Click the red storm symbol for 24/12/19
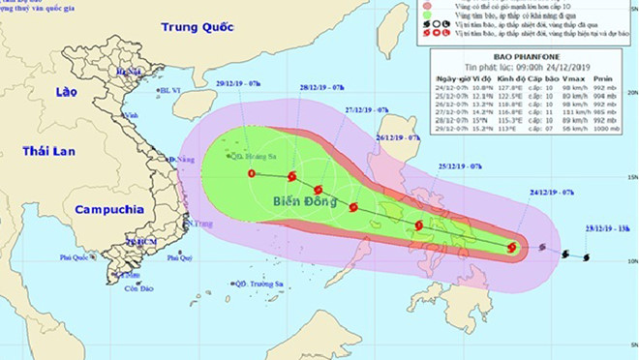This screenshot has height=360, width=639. [x=511, y=248]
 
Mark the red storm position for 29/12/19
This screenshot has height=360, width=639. [x=252, y=174]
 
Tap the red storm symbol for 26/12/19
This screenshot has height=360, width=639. [x=353, y=207]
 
